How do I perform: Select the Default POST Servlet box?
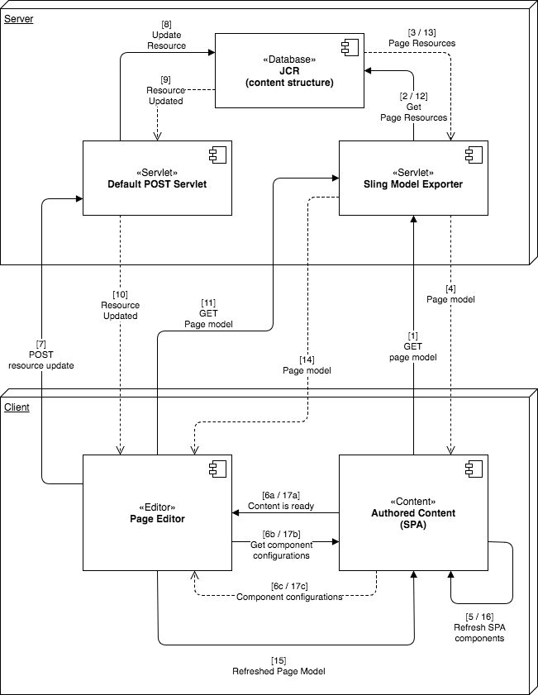coord(157,178)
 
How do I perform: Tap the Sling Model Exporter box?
coord(413,178)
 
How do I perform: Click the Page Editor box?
coord(157,512)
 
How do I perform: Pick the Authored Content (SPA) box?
coord(413,512)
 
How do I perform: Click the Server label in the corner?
coord(19,18)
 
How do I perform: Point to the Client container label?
coord(17,407)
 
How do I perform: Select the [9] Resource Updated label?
coord(165,90)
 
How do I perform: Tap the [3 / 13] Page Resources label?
coord(421,37)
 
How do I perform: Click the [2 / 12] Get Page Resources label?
coord(413,107)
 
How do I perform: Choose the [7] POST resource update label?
coord(40,354)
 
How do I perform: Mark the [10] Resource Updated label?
coord(120,305)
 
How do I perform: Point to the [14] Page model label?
coord(307,365)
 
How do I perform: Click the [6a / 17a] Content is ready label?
coord(282,501)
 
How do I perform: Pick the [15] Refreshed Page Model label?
coord(279,666)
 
